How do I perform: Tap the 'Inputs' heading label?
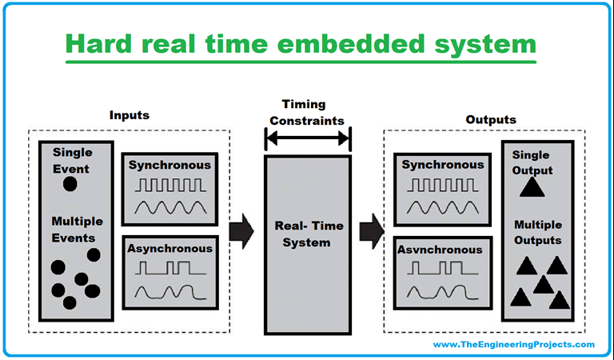tap(129, 115)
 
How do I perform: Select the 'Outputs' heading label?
tap(490, 119)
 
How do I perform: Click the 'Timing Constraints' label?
tap(307, 113)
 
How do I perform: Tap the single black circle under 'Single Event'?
tap(70, 184)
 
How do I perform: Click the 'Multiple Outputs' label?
tap(536, 232)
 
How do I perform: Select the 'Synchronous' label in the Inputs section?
tap(169, 165)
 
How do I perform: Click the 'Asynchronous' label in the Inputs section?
tap(169, 248)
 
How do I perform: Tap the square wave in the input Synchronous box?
tap(169, 186)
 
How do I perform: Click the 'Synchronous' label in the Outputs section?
tap(441, 165)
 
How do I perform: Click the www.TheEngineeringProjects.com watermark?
tap(513, 344)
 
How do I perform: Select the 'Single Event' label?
tap(72, 159)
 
